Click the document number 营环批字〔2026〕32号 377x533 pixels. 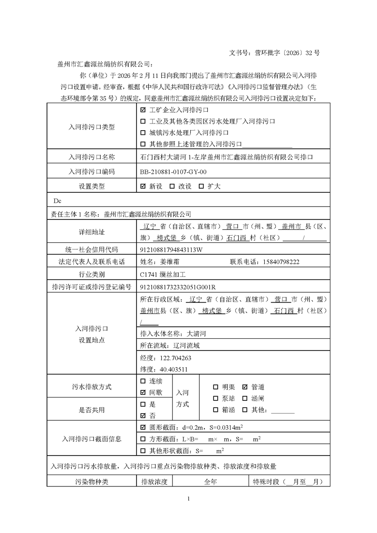tap(287, 53)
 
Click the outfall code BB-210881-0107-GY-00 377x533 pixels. tap(173, 171)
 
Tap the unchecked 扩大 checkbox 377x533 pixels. tap(201, 186)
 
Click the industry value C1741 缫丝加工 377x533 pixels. tap(164, 274)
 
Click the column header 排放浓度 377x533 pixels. tap(154, 482)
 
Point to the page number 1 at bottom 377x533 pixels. tap(189, 499)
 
